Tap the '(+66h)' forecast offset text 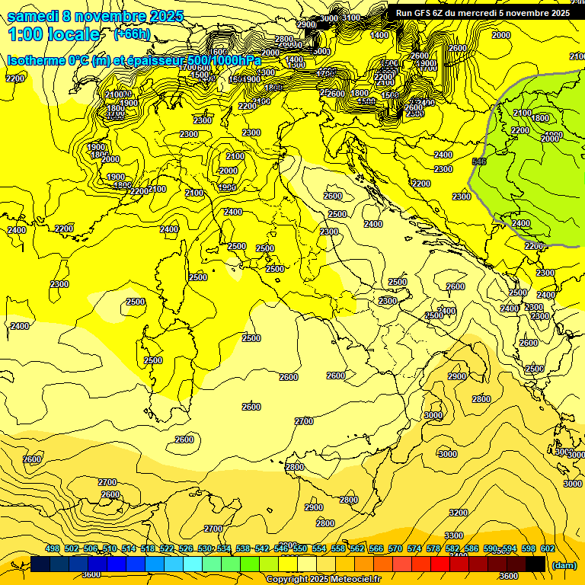tap(132, 34)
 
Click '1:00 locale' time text tap(53, 34)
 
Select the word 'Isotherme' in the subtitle tap(37, 60)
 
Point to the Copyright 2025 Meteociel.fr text tap(323, 579)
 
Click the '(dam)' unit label tap(564, 564)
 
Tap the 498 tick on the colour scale tap(53, 549)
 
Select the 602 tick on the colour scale tap(548, 549)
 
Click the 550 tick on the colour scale tap(300, 549)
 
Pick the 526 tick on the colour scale tap(186, 549)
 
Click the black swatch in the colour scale tap(535, 564)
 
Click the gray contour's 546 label tap(479, 161)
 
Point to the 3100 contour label tap(351, 18)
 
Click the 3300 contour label tap(454, 535)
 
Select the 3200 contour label tap(459, 513)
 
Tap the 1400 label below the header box tap(379, 35)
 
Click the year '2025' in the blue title tap(151, 16)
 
